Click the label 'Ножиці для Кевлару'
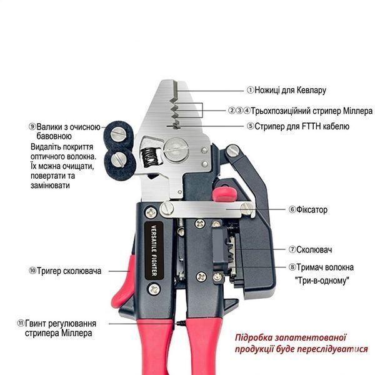pos(290,90)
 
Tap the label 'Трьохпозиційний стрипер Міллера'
pos(312,111)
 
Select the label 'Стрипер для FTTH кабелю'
pos(302,126)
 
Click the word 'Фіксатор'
pos(312,210)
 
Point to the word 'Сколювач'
pos(314,249)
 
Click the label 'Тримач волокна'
pos(325,267)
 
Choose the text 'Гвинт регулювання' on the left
pos(61,324)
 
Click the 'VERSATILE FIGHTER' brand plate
pos(154,251)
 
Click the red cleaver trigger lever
pos(123,282)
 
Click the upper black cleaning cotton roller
pos(118,134)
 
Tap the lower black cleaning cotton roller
pos(119,164)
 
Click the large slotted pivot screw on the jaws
pos(176,150)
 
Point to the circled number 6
pos(292,209)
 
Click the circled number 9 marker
pos(32,126)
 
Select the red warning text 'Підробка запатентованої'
pos(291,338)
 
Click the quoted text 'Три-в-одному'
pos(322,280)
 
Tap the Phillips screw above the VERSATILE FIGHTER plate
pos(151,212)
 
